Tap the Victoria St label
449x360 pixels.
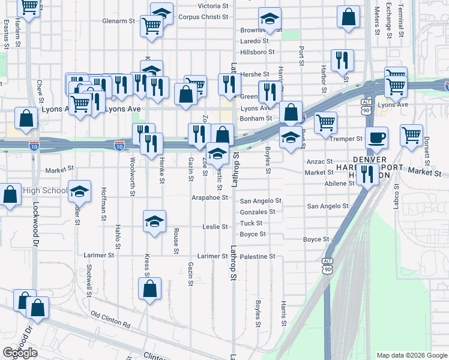click(209, 6)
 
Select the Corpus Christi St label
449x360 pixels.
click(203, 17)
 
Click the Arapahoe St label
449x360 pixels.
click(210, 197)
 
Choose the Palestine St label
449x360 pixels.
click(258, 256)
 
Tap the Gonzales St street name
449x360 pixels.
click(258, 212)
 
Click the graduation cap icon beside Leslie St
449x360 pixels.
click(154, 222)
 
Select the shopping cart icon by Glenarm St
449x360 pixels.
click(152, 26)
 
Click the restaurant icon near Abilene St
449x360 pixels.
click(367, 173)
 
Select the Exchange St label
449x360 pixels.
click(389, 19)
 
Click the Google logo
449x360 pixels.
click(20, 353)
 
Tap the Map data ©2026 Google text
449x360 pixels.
click(411, 355)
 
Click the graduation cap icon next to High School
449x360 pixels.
click(79, 192)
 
